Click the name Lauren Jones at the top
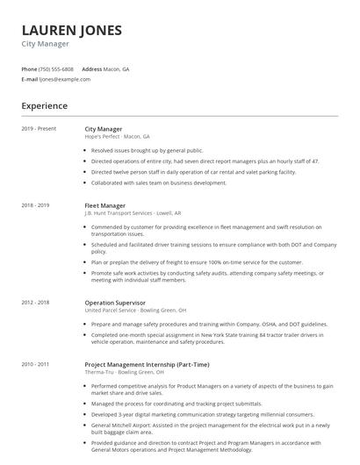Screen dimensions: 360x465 [71, 30]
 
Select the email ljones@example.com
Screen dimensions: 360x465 [65, 79]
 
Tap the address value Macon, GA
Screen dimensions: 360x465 [116, 68]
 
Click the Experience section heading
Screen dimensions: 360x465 [44, 106]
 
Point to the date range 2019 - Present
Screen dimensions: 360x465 [39, 128]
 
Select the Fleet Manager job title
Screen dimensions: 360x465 [104, 205]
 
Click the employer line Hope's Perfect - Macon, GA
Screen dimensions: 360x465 [117, 137]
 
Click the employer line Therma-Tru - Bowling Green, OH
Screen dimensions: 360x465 [126, 371]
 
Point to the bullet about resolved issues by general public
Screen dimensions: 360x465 [147, 150]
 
